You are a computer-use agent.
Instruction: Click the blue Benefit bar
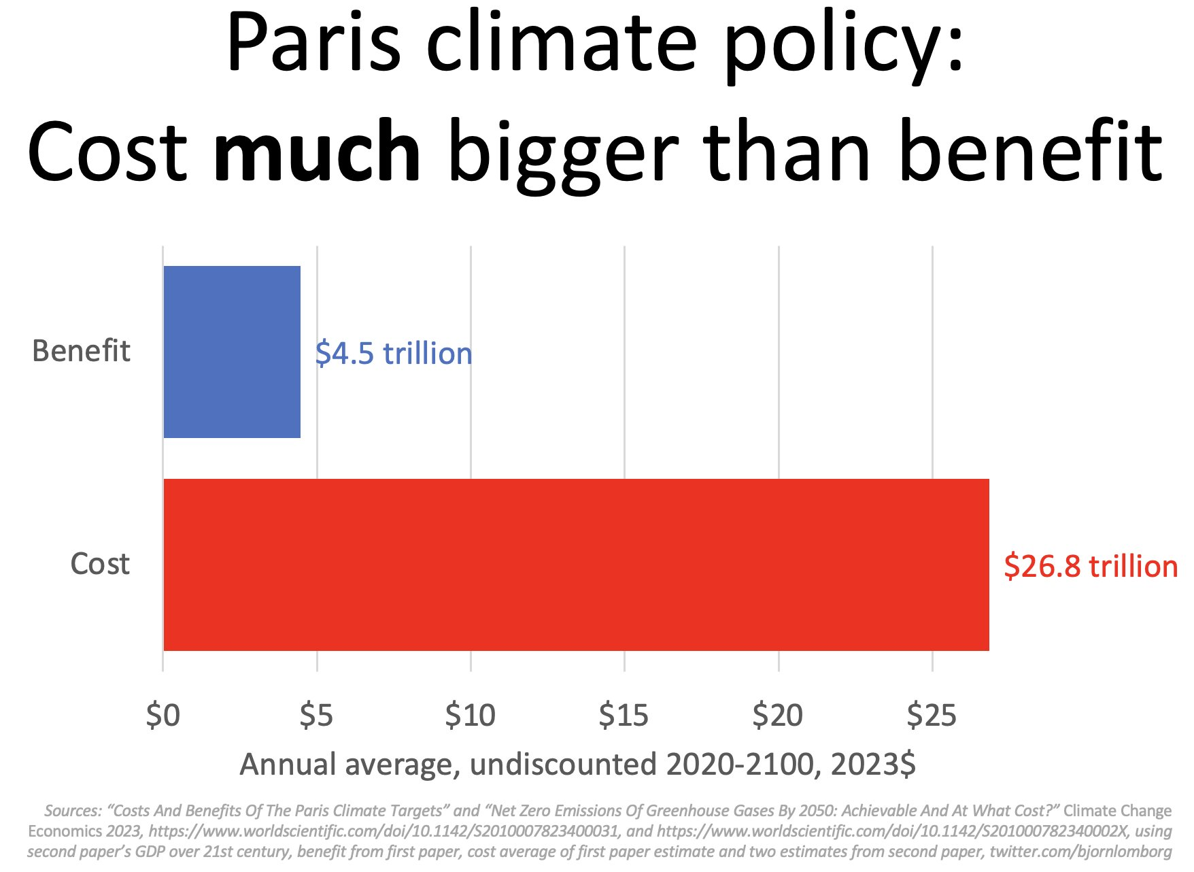[x=232, y=352]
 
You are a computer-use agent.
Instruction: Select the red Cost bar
[x=576, y=565]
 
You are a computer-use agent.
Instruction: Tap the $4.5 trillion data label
[x=394, y=354]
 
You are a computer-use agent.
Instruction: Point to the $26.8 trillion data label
[x=1090, y=567]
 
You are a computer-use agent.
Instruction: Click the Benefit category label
[x=81, y=351]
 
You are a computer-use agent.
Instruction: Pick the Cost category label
[x=100, y=564]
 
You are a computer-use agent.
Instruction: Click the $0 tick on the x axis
[x=163, y=716]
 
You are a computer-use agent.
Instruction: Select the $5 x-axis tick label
[x=317, y=716]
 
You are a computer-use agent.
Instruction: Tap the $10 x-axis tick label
[x=471, y=716]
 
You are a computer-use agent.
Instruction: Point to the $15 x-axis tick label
[x=624, y=716]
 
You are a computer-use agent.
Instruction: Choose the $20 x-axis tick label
[x=778, y=716]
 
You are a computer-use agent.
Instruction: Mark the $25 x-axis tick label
[x=932, y=716]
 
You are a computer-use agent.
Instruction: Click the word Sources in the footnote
[x=72, y=811]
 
